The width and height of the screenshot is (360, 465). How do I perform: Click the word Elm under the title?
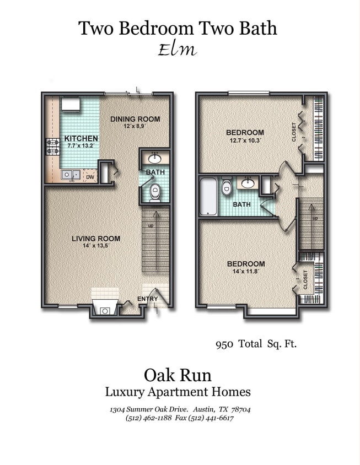(x=177, y=50)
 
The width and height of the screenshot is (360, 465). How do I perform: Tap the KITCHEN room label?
(x=81, y=138)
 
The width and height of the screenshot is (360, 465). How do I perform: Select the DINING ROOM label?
(x=135, y=119)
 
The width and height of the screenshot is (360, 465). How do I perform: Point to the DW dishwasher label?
(x=90, y=177)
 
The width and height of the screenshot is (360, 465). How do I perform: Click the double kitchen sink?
(x=69, y=175)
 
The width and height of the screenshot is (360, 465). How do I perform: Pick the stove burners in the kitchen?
(x=52, y=145)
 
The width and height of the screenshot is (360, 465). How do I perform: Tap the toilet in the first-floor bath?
(x=155, y=192)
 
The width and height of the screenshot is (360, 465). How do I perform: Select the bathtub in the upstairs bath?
(x=208, y=196)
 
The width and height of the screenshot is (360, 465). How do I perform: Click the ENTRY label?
(x=148, y=299)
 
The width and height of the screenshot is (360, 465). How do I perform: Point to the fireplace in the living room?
(x=104, y=309)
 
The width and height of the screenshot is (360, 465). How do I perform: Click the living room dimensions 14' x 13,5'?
(x=96, y=246)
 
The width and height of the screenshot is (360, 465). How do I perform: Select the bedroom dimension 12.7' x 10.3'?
(x=245, y=140)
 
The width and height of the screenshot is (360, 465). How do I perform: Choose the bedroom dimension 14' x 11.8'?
(x=246, y=272)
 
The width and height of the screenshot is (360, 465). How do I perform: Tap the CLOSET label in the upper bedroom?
(x=294, y=132)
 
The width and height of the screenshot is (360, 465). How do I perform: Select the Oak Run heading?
(x=178, y=375)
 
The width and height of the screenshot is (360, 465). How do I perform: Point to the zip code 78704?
(x=239, y=409)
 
